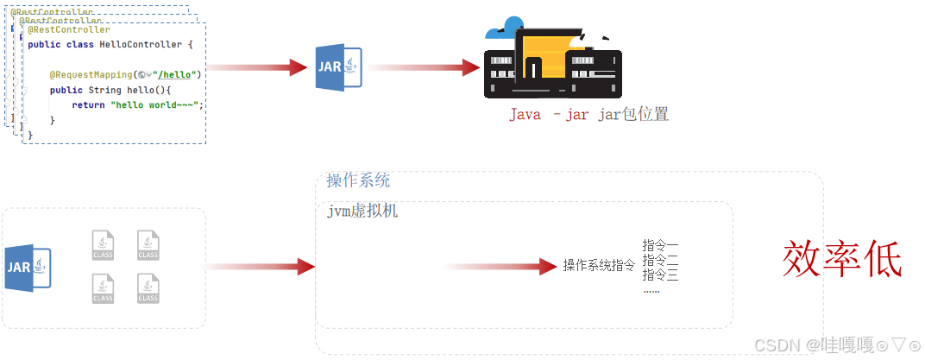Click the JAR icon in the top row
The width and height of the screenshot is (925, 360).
click(337, 67)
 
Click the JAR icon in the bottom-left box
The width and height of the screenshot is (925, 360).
click(28, 268)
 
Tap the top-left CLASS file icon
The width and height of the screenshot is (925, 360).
click(103, 244)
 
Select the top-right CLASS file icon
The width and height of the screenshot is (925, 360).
click(148, 244)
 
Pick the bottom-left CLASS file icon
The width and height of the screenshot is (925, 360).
click(103, 288)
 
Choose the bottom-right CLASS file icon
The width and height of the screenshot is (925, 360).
click(148, 288)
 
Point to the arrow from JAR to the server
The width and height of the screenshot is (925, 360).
click(423, 67)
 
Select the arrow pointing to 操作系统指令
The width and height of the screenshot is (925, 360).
click(500, 267)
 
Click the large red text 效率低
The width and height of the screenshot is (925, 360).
click(842, 259)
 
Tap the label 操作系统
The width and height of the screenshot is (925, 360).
click(358, 180)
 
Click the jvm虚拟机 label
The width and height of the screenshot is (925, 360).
click(362, 211)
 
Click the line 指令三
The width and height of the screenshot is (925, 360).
click(660, 275)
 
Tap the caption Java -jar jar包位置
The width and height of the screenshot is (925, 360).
click(588, 115)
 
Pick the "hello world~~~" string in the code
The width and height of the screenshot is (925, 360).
click(155, 104)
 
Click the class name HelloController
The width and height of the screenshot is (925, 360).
click(141, 44)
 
